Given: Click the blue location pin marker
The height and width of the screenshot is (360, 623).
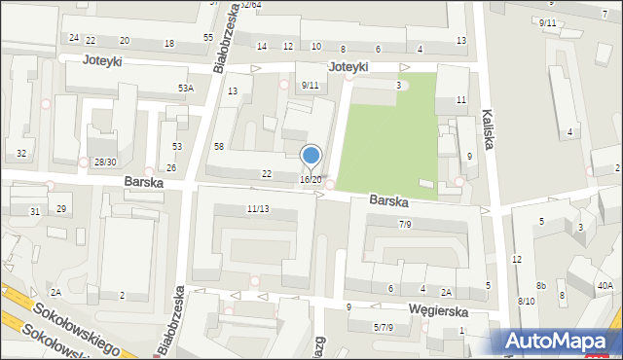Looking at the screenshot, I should (x=311, y=156).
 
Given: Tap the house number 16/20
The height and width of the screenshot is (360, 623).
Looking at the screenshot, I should (x=311, y=180).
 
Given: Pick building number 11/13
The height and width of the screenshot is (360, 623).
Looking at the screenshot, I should (x=258, y=209).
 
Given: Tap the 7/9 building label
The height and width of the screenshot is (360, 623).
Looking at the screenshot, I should (x=405, y=225).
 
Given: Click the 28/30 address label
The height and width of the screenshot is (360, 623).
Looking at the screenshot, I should (x=104, y=162).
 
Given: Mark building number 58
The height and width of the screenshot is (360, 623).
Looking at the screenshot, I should (x=219, y=146).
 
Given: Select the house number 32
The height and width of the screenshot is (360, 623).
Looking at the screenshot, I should (x=21, y=154).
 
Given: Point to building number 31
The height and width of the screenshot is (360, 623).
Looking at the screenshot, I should (x=34, y=211).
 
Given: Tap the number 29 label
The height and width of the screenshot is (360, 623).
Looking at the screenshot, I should (x=60, y=209).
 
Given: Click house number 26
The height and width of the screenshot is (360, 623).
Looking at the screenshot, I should (x=171, y=168).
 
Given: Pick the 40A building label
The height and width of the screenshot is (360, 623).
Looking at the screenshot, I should (x=605, y=285).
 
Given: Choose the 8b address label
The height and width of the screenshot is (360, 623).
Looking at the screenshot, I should (x=541, y=286).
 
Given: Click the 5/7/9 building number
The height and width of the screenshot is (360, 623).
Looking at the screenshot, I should (x=383, y=327).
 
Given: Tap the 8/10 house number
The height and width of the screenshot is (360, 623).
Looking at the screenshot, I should (x=526, y=302).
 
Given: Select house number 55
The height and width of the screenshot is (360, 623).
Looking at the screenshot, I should (x=208, y=37).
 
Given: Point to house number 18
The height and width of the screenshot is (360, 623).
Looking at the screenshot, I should (x=169, y=43).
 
